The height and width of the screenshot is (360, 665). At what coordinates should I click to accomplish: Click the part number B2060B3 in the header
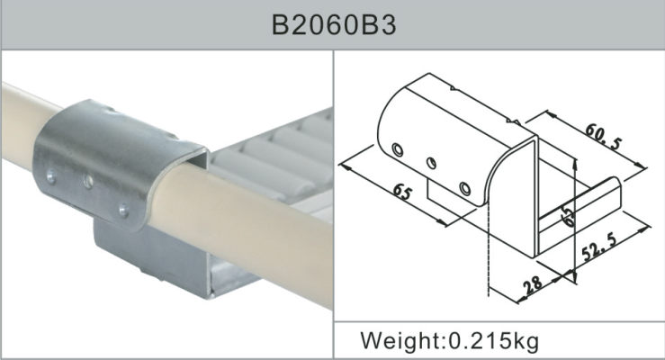[333, 24]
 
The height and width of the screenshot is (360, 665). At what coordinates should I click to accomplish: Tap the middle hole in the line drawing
[432, 163]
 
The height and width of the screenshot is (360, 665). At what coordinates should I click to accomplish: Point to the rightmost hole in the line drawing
[465, 188]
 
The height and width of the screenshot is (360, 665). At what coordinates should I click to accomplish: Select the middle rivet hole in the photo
[88, 182]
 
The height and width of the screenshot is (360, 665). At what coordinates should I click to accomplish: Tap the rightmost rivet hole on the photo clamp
[122, 211]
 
